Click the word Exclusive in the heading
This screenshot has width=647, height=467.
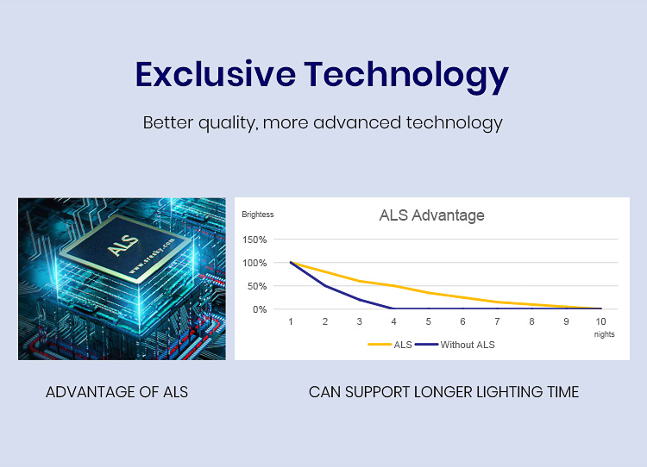pos(216,74)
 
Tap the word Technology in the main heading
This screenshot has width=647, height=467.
pos(406,77)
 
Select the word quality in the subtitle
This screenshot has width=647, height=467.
pos(227,123)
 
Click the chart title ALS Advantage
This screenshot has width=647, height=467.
pos(431,215)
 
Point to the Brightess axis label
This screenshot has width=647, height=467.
pos(257,215)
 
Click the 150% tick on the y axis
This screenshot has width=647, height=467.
pos(254,240)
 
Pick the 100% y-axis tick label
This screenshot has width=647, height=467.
pos(254,263)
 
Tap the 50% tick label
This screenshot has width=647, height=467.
pos(257,286)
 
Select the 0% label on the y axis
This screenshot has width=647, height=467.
pos(260,309)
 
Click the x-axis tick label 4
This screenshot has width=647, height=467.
pos(393,321)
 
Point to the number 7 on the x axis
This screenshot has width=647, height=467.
pos(497,321)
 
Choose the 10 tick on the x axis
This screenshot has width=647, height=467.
pos(600,321)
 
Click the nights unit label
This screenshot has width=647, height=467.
pos(604,334)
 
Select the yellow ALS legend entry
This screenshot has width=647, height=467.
pos(390,345)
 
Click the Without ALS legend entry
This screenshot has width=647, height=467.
pos(455,345)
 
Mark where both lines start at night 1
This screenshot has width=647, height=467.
pos(291,262)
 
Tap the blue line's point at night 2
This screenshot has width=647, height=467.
pos(325,285)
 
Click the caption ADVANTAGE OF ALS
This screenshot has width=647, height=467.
pos(116,392)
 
